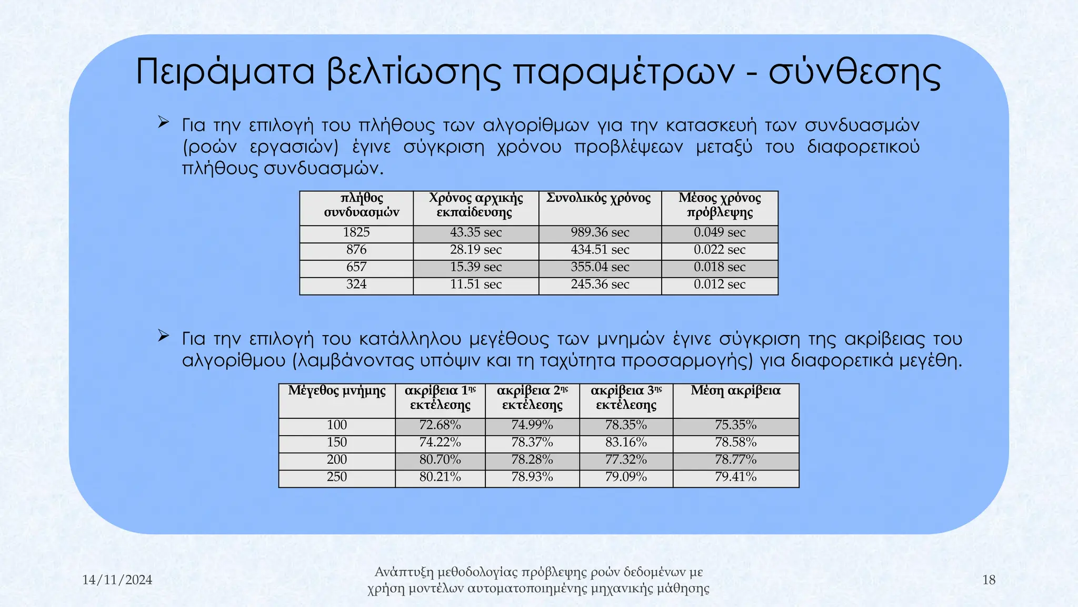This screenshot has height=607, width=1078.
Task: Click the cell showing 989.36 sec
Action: pos(600,232)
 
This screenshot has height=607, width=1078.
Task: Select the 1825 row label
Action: pos(356,232)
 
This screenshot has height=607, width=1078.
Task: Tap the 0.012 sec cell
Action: pos(720,285)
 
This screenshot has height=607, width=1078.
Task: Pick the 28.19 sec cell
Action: pos(476,250)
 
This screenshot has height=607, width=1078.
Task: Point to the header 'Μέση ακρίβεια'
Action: pos(735,391)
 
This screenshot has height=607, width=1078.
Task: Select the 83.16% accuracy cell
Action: pos(626,443)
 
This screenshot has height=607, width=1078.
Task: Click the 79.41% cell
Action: pos(735,477)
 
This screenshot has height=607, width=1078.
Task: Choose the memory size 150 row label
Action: pos(337,443)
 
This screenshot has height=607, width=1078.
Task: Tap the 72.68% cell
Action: pos(440,425)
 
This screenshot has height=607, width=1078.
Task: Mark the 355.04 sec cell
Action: pos(600,267)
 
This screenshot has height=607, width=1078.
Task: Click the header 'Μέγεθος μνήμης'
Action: pos(337,391)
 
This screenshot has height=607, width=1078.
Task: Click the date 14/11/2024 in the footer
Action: pos(117,580)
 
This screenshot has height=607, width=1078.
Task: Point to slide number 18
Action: pos(989,580)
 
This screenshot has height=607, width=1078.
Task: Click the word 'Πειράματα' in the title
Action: pos(225,72)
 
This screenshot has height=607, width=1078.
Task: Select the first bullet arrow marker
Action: pos(163,123)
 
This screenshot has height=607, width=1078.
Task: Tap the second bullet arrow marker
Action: pos(163,336)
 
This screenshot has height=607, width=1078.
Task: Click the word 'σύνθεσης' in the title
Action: pos(855,72)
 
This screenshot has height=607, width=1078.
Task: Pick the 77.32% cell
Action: pos(626,460)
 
